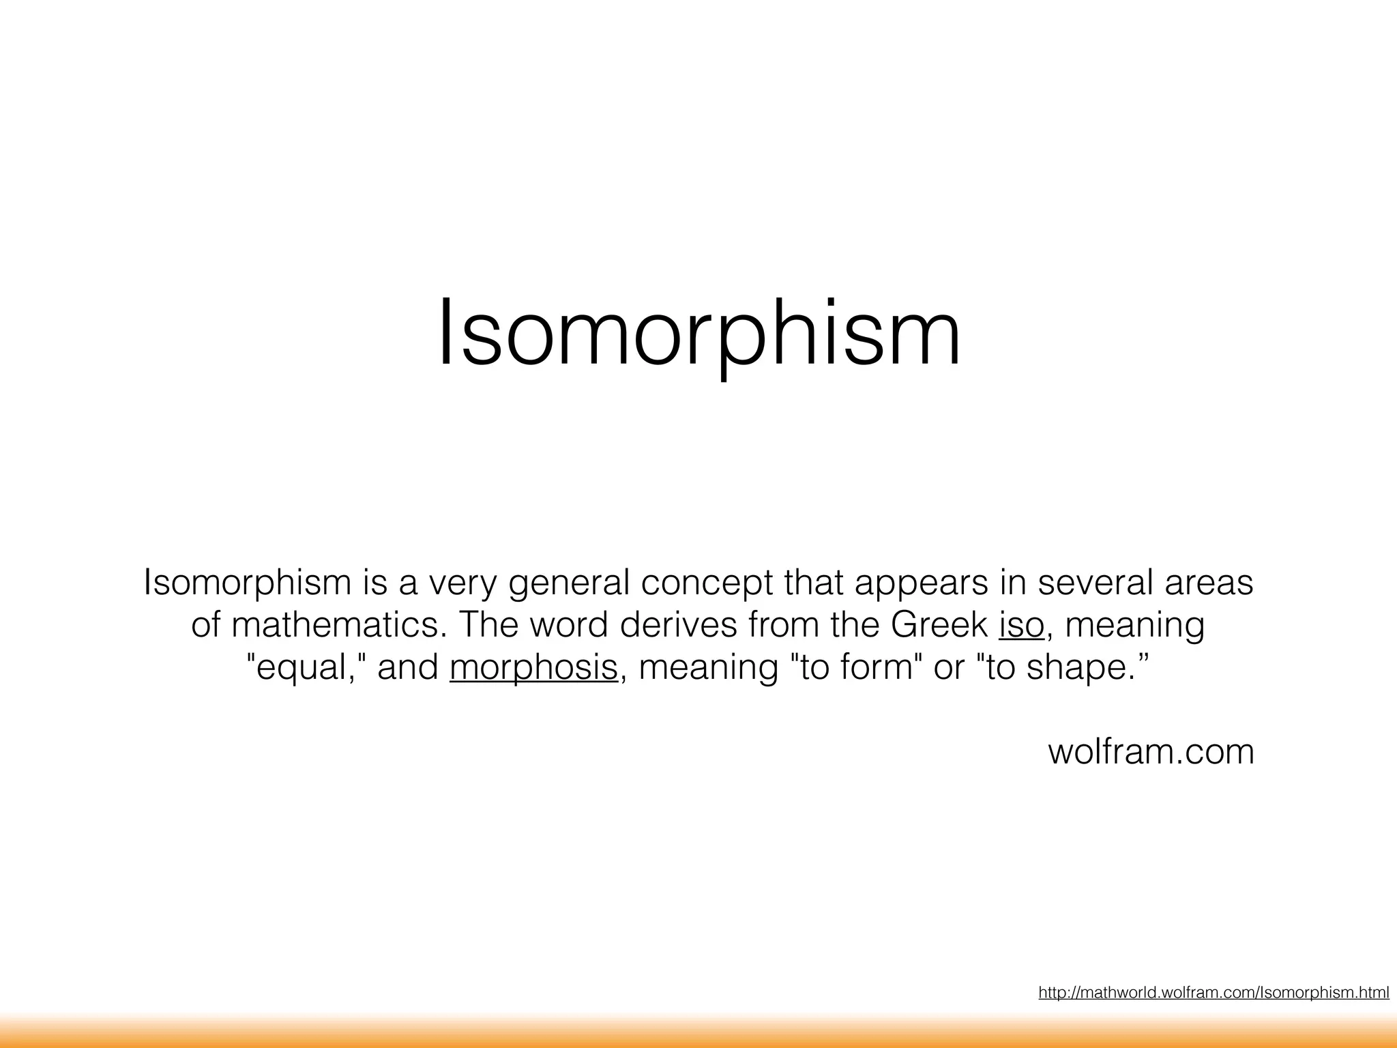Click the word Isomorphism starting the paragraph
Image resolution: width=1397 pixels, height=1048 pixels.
coord(247,583)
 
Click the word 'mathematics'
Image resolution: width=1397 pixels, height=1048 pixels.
coord(338,625)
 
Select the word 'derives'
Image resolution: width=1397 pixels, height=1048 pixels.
coord(678,625)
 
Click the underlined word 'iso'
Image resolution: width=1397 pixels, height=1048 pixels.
coord(1021,625)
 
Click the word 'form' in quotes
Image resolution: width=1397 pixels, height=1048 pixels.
coord(876,667)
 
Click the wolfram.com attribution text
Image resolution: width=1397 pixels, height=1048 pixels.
coord(1151,752)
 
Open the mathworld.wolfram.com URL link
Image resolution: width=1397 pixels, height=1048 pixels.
coord(1214,993)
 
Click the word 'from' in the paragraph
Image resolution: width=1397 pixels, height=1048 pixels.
coord(784,625)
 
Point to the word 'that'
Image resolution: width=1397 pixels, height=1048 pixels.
coord(814,583)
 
